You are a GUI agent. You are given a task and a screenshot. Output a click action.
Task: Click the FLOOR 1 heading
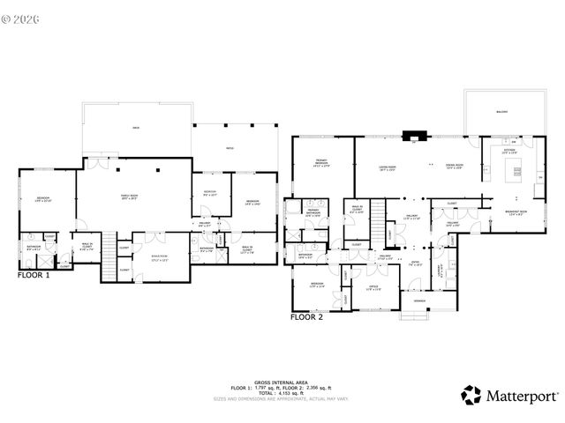pos(34,275)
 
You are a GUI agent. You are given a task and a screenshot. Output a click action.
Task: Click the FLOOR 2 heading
pos(308,315)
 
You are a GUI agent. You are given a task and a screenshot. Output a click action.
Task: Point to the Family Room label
pos(133,197)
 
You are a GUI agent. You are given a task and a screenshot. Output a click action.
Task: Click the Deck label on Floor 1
pos(136,129)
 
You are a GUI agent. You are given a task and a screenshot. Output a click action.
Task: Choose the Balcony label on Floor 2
pos(501,112)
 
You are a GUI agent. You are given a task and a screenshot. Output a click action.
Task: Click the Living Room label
pos(387,167)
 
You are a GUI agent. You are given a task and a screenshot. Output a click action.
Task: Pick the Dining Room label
pos(456,167)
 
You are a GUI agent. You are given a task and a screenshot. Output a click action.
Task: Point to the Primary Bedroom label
pos(321,163)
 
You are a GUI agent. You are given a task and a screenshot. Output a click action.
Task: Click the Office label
pos(373,288)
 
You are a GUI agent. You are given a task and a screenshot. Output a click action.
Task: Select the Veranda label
pos(418,301)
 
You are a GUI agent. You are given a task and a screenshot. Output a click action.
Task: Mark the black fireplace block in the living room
pos(413,136)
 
